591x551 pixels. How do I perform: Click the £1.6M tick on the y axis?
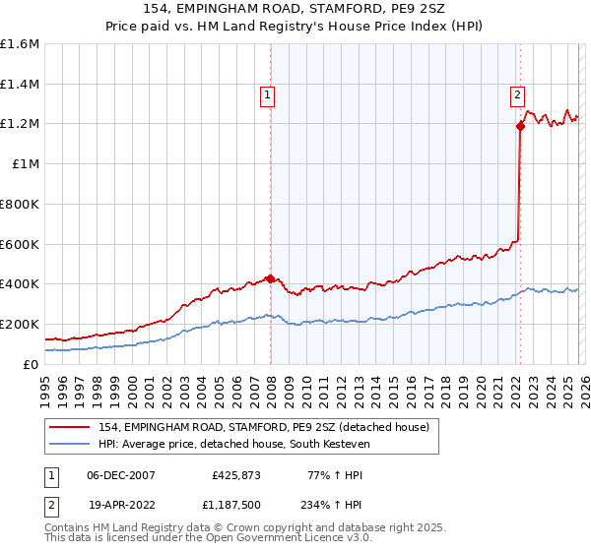[20, 44]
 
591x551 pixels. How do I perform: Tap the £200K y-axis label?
[20, 324]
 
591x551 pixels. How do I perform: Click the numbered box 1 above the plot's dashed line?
[268, 95]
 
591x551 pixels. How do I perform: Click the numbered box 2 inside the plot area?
[517, 95]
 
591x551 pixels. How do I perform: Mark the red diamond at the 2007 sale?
[270, 278]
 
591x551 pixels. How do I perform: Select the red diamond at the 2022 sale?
[519, 126]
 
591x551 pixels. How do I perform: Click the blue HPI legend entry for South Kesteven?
[234, 445]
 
